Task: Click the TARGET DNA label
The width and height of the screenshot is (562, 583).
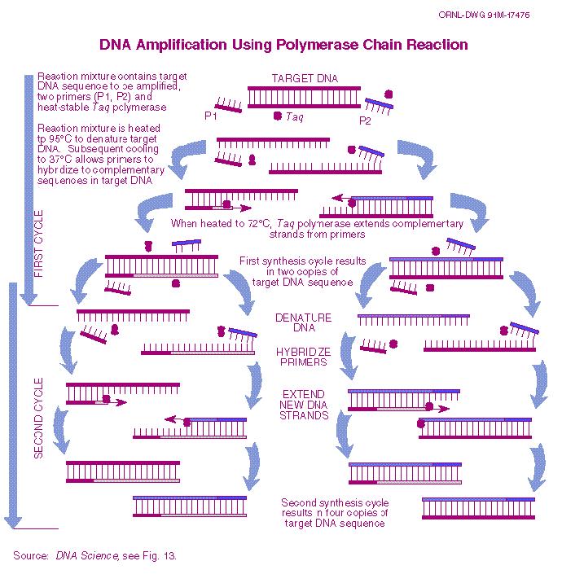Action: point(305,78)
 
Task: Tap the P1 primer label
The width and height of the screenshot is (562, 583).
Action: point(211,116)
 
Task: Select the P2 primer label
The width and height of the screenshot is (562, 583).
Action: point(365,121)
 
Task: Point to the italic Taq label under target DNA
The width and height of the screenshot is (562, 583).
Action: point(295,117)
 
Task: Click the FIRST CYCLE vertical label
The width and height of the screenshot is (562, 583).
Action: point(38,243)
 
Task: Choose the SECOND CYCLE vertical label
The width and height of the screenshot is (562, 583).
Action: point(38,418)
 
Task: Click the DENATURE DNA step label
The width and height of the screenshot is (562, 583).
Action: point(304,322)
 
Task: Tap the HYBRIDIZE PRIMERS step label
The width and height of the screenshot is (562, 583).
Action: point(304,357)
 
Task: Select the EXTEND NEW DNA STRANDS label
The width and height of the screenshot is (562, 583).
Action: point(304,405)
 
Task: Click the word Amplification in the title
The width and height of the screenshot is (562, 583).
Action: point(182,45)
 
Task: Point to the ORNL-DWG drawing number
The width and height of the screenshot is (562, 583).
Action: point(484,15)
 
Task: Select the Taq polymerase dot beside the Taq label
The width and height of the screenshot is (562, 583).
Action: point(278,116)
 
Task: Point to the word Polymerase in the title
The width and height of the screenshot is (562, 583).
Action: point(318,45)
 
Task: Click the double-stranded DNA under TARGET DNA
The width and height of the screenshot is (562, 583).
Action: point(305,97)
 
